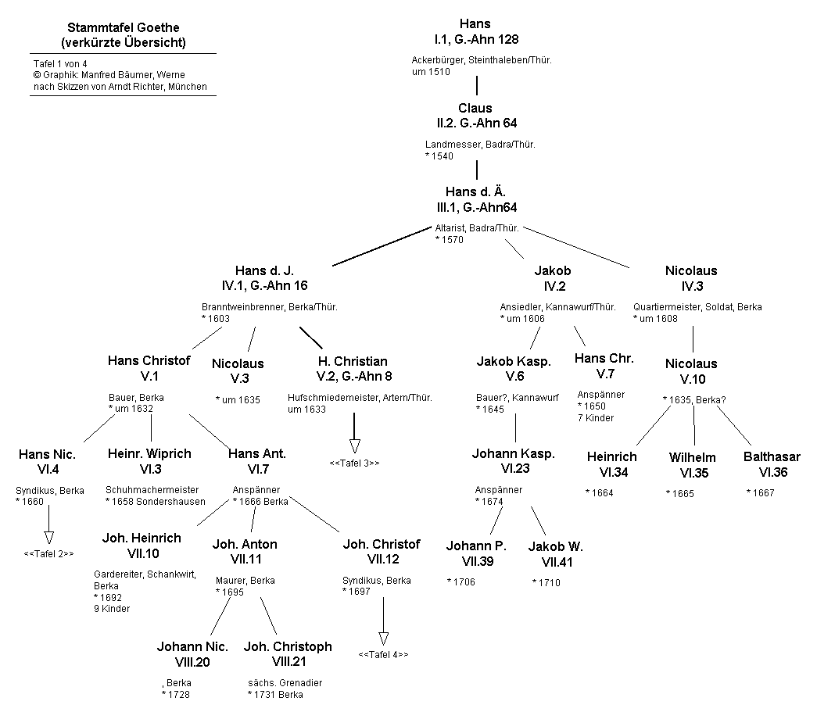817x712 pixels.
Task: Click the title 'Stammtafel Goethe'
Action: point(124,27)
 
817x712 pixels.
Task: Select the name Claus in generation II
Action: point(475,108)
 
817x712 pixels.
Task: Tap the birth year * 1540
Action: point(439,156)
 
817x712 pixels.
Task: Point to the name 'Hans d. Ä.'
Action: point(477,192)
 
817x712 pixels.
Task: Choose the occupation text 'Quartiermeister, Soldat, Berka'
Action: point(697,307)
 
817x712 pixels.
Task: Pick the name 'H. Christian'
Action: point(353,362)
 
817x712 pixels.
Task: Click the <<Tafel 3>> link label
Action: point(354,463)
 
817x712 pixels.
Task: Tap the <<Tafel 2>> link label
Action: point(48,554)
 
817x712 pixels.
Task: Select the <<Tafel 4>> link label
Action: point(383,654)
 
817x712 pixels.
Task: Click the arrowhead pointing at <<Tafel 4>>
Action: point(383,636)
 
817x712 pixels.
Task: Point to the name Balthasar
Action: point(772,457)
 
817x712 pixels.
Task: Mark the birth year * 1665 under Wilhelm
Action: point(679,493)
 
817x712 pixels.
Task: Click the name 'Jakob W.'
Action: point(555,546)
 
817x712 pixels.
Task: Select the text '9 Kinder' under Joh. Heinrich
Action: point(112,609)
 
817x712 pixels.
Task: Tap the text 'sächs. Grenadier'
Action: point(285,683)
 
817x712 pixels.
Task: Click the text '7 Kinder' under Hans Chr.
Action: point(596,418)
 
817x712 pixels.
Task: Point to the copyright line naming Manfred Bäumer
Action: point(109,74)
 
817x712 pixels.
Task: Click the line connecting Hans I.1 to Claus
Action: point(477,84)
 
